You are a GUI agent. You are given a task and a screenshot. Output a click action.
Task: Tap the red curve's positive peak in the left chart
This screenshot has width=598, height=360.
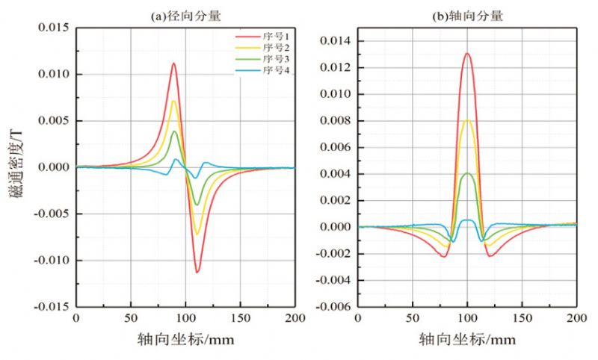[x=173, y=63]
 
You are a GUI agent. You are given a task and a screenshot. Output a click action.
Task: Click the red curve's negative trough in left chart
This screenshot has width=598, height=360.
[x=197, y=272]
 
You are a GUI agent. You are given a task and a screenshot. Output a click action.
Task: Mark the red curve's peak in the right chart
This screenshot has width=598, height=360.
[x=467, y=54]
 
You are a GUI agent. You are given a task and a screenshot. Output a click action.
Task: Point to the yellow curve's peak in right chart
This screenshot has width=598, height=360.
[x=467, y=120]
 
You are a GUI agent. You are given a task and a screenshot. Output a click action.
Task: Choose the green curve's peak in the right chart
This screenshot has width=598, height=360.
[x=467, y=173]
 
